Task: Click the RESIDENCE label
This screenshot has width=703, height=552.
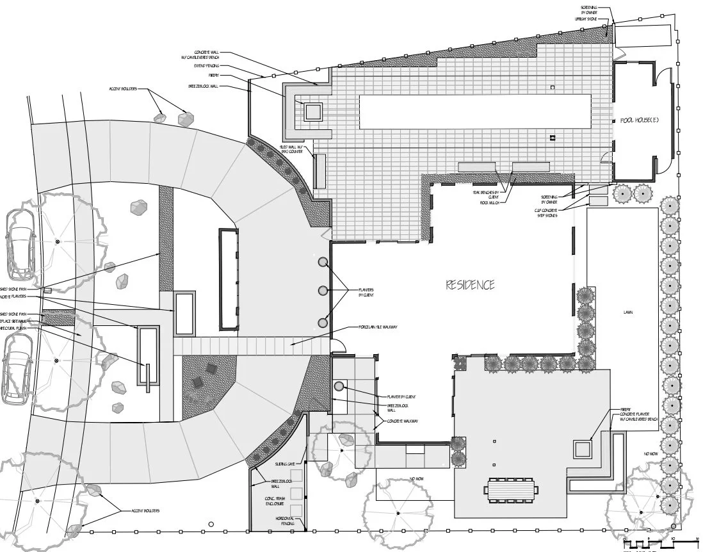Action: (x=470, y=285)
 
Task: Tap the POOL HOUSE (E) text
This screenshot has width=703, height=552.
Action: (x=640, y=120)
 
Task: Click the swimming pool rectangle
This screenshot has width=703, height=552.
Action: (x=474, y=111)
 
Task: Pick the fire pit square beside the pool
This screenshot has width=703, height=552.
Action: (x=313, y=112)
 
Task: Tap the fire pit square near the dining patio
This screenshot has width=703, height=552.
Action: (x=582, y=449)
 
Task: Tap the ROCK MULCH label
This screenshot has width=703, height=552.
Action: (x=490, y=202)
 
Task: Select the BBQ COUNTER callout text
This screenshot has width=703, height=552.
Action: (x=292, y=151)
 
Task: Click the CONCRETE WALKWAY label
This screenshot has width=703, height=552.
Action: (x=403, y=421)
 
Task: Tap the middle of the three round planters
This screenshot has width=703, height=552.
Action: (x=323, y=291)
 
